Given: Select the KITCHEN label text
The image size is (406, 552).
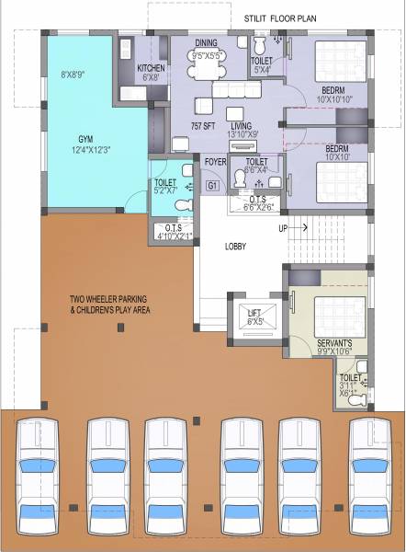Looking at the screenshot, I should click(151, 69).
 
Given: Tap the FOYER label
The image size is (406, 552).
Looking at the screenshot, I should click(215, 162).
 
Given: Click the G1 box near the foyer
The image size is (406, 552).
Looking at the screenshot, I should click(213, 186).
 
